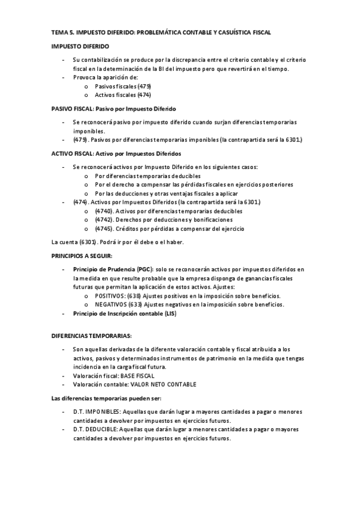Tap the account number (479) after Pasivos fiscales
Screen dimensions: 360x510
[x=145, y=87]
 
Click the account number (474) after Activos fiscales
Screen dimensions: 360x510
[x=144, y=95]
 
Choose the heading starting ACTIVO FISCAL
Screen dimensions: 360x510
[x=116, y=153]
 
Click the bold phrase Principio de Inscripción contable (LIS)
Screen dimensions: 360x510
[x=124, y=314]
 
